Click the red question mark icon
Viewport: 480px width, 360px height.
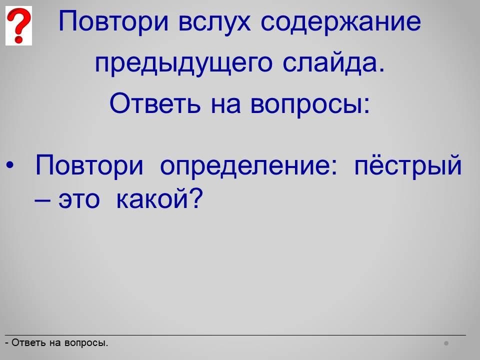pyautogui.click(x=18, y=25)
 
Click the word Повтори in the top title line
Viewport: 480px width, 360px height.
pyautogui.click(x=113, y=21)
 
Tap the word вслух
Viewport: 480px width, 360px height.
pyautogui.click(x=214, y=21)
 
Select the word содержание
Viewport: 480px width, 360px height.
pyautogui.click(x=340, y=22)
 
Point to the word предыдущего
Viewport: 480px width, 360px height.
pyautogui.click(x=183, y=63)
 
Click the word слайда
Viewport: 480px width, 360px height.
pyautogui.click(x=333, y=63)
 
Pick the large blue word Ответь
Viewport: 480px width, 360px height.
pyautogui.click(x=155, y=103)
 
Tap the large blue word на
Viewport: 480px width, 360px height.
pyautogui.click(x=225, y=105)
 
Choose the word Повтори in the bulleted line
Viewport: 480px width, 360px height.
pyautogui.click(x=89, y=165)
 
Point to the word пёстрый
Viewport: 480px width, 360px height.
pyautogui.click(x=408, y=165)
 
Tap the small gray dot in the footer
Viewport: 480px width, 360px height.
pyautogui.click(x=446, y=343)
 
